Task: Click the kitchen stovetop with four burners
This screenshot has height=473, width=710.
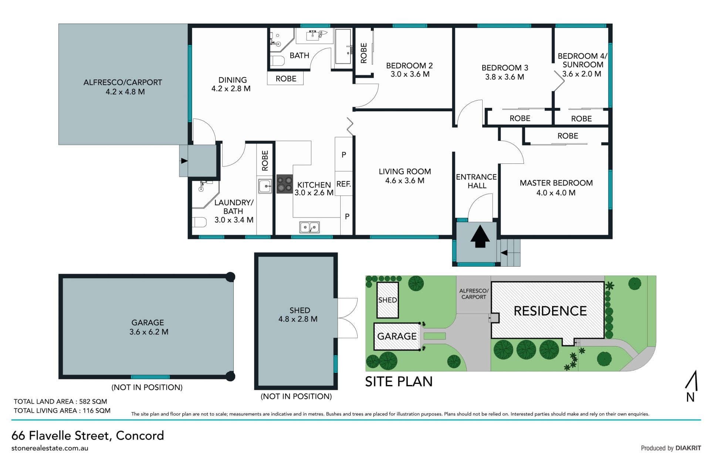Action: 285,184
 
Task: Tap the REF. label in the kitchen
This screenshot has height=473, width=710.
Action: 344,184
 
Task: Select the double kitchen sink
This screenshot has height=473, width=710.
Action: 310,227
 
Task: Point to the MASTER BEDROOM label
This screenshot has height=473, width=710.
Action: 556,183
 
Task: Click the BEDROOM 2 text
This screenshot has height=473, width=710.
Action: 409,66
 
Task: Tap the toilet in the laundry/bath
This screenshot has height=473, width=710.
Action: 199,222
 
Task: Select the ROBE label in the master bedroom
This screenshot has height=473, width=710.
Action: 568,136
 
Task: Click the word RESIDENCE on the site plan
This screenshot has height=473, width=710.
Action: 550,311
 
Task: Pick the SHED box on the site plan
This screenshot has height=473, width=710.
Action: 388,300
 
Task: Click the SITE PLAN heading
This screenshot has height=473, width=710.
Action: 399,382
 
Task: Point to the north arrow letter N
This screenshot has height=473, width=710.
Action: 690,397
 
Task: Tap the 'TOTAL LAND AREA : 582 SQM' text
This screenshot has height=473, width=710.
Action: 60,401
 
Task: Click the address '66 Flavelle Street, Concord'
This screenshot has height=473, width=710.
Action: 88,435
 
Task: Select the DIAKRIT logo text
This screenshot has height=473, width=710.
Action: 688,448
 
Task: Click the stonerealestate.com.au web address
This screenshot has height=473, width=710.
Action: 50,448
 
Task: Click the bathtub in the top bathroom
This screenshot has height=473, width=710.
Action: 343,47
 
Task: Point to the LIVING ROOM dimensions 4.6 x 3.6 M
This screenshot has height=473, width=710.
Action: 405,180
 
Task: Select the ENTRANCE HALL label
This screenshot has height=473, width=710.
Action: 476,181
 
